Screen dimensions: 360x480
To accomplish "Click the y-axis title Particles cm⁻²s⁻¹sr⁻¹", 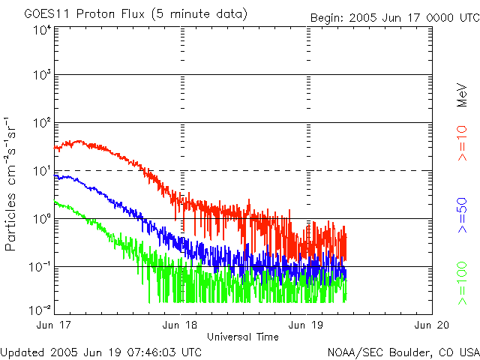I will pyautogui.click(x=13, y=184).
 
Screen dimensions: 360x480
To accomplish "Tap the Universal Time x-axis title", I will pyautogui.click(x=243, y=337).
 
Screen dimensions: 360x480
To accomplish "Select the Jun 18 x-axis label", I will pyautogui.click(x=180, y=325).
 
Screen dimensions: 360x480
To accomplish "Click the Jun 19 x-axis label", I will pyautogui.click(x=306, y=325).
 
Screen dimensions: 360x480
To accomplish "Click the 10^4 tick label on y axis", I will pyautogui.click(x=41, y=30).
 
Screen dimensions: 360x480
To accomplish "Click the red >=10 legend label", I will pyautogui.click(x=463, y=143).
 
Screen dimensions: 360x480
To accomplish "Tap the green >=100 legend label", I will pyautogui.click(x=463, y=284).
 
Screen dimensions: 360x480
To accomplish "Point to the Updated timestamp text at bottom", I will pyautogui.click(x=101, y=351).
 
